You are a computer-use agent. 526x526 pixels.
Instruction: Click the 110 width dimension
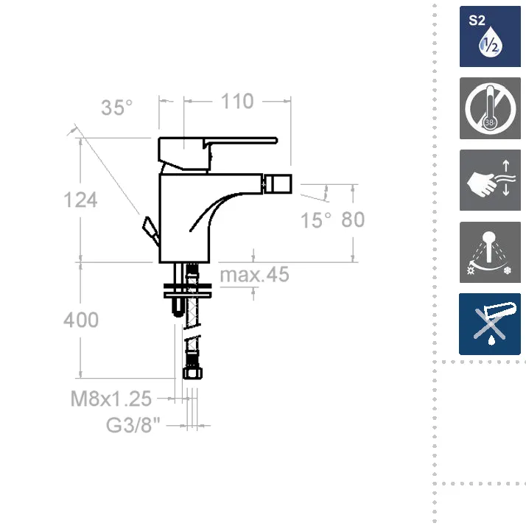[x=237, y=102]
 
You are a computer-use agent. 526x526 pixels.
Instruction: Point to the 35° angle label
[x=116, y=108]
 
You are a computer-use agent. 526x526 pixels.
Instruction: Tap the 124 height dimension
[x=80, y=200]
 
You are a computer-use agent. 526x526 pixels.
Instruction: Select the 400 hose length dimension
[x=81, y=320]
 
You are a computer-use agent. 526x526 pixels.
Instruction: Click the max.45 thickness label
[x=254, y=274]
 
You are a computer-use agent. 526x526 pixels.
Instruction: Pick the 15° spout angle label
[x=315, y=220]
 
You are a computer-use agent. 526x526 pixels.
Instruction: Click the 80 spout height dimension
[x=353, y=220]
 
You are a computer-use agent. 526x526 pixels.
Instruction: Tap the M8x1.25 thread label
[x=111, y=399]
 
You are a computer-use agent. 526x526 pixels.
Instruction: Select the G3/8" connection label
[x=133, y=424]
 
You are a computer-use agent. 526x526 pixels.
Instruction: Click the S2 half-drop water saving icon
[x=490, y=36]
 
